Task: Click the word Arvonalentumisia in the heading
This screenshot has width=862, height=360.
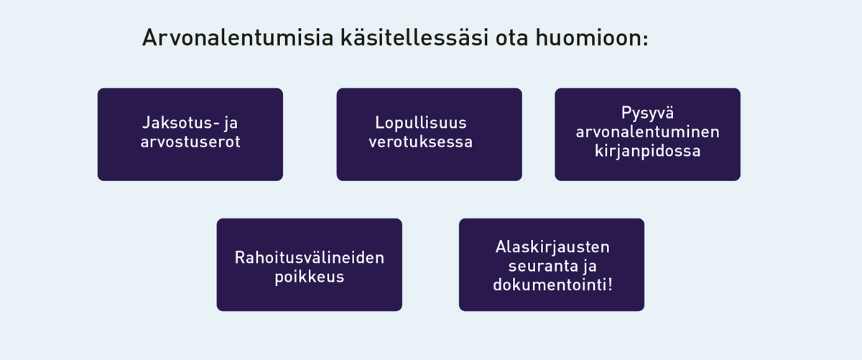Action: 238,38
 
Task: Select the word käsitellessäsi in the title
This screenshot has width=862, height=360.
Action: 414,38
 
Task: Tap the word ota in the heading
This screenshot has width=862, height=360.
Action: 511,39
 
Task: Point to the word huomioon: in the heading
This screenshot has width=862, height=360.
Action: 592,38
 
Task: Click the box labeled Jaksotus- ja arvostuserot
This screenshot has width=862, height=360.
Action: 190,134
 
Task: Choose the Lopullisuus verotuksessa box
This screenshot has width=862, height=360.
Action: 429,134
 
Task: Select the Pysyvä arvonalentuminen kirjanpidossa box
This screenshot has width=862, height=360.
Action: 647,134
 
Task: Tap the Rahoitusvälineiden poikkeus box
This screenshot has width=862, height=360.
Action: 310,265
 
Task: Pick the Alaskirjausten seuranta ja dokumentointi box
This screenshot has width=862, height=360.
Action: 552,265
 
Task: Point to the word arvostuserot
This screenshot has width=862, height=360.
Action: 190,142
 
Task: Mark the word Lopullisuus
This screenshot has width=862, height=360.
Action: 421,123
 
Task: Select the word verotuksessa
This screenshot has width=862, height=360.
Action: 421,142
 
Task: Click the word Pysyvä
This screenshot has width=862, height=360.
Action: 648,114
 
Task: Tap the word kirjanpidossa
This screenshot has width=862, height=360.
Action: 648,151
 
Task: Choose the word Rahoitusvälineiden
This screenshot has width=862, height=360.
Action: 310,257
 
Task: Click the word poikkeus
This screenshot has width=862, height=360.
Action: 310,277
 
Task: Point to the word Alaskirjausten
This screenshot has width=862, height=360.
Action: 552,246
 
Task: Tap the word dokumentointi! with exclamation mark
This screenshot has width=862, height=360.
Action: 552,285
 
